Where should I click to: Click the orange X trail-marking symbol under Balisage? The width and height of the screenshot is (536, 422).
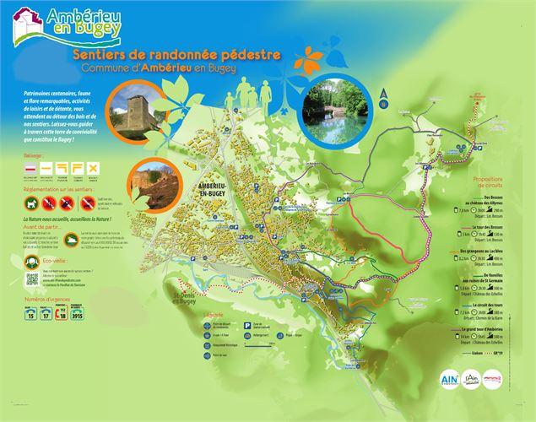(94, 168)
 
